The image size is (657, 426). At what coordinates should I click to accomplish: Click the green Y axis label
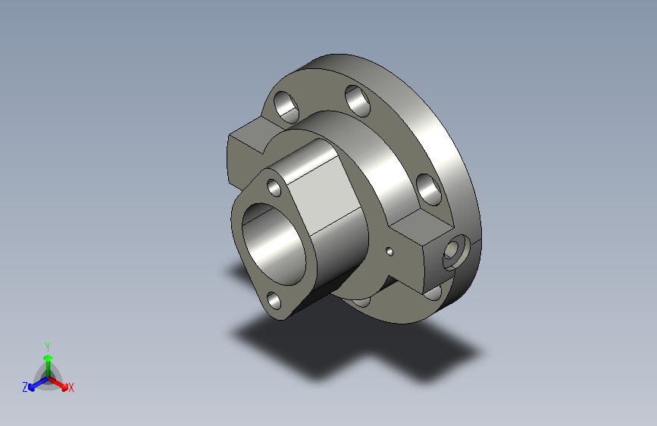point(47,346)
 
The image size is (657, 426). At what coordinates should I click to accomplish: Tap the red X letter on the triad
point(70,388)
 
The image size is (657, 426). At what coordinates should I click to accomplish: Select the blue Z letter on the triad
point(25,387)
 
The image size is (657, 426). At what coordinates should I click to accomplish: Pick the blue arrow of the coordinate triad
point(35,384)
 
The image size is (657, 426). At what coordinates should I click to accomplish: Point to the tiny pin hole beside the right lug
point(390,251)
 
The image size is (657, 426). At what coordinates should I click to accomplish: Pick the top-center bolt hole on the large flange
point(356,99)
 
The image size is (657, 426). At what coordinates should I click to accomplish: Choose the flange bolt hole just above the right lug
point(427,189)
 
